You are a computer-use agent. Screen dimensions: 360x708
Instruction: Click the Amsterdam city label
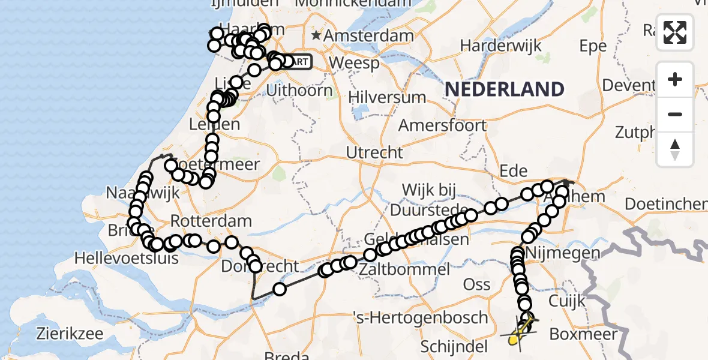[368, 35]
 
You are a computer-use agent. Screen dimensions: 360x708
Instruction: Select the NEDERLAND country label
[504, 89]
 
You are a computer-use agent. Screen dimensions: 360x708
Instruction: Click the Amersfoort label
[442, 125]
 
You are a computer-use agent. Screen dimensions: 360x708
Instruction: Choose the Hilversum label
[387, 97]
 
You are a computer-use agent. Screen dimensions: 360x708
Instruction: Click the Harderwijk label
[501, 46]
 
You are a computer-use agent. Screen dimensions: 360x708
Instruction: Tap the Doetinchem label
[666, 204]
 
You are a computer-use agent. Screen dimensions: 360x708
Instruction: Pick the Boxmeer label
[583, 334]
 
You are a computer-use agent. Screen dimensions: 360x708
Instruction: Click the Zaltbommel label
[406, 269]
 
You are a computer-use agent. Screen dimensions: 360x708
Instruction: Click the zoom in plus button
[675, 79]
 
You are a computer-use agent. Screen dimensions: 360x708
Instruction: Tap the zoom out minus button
[675, 114]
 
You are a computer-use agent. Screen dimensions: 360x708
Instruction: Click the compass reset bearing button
[675, 149]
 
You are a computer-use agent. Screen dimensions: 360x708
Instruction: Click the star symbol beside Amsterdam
[316, 35]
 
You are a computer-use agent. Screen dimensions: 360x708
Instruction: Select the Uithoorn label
[299, 91]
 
